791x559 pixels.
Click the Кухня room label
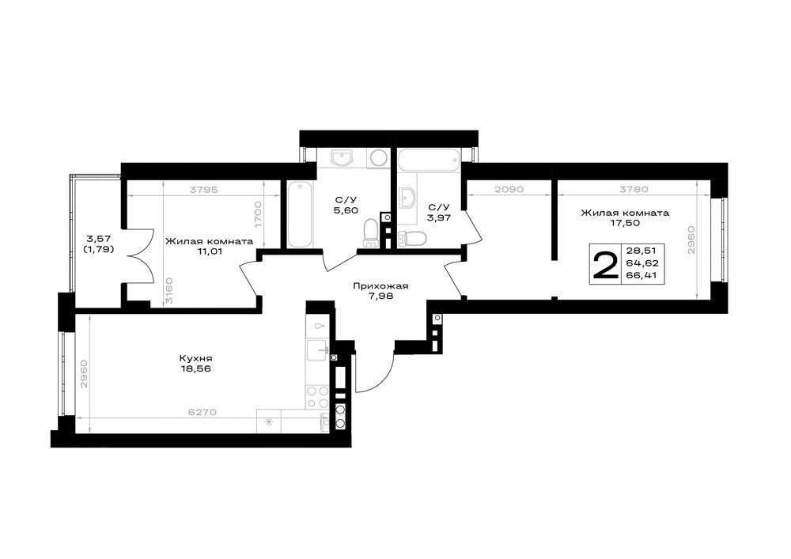click(x=195, y=358)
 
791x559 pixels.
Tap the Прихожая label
click(x=380, y=286)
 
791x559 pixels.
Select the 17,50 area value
click(x=625, y=222)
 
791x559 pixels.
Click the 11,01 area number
click(x=210, y=251)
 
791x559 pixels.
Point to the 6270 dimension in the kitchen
click(x=202, y=412)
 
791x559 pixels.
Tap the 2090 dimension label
click(x=509, y=190)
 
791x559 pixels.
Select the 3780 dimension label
click(x=634, y=190)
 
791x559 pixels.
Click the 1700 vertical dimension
click(x=258, y=215)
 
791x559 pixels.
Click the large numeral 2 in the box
click(x=605, y=266)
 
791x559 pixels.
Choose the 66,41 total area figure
click(x=642, y=275)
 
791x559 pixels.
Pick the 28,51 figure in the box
click(x=642, y=251)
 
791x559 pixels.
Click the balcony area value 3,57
click(x=98, y=239)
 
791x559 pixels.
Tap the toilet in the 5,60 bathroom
click(x=371, y=233)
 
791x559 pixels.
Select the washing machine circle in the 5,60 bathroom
click(x=378, y=158)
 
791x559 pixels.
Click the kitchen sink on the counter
click(x=317, y=349)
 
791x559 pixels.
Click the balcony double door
click(x=142, y=256)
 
